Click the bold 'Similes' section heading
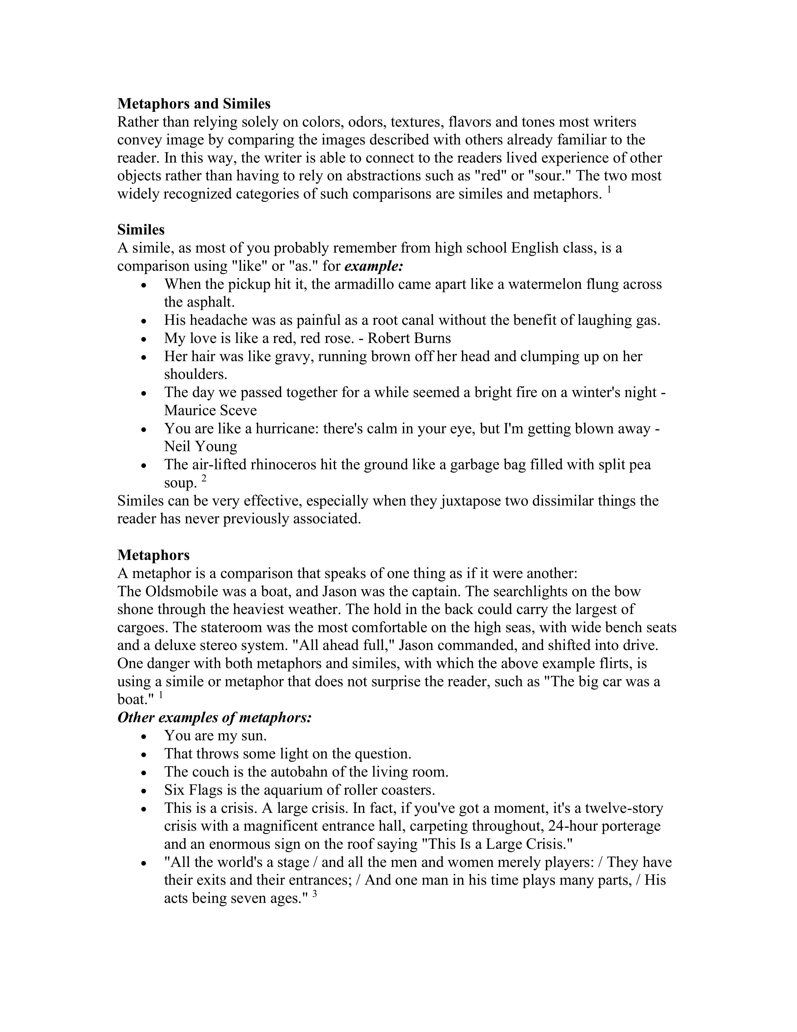(141, 230)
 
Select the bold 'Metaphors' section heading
(153, 555)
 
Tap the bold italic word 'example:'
(374, 266)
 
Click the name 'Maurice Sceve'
(210, 410)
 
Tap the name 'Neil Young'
(200, 446)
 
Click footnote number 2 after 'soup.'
(204, 478)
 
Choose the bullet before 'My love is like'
(145, 339)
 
